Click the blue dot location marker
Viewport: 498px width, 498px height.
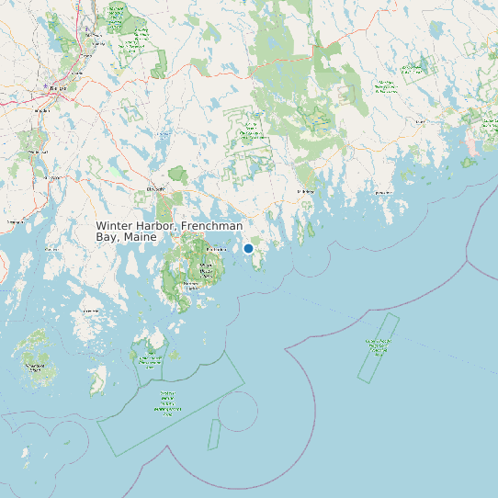point(248,248)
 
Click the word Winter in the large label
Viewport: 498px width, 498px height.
point(115,226)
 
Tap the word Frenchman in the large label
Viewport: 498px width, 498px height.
point(212,226)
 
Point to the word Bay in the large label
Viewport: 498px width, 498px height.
point(108,237)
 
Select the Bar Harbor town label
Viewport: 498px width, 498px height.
point(218,249)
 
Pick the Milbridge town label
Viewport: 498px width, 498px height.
point(305,191)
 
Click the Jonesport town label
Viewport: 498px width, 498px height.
point(382,193)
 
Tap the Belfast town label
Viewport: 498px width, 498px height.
point(16,222)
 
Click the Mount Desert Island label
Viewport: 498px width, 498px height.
point(208,270)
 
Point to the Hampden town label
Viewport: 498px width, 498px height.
point(40,109)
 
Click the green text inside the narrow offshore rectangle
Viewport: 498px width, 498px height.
point(377,346)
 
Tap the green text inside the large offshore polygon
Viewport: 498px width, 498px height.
point(168,404)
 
